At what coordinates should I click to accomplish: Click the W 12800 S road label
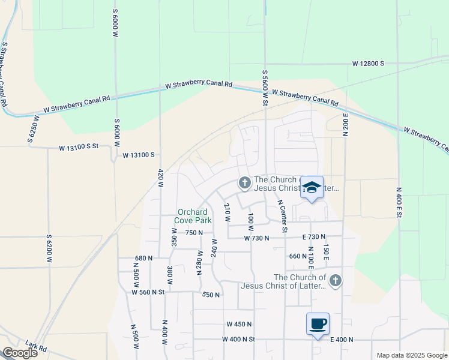click(x=368, y=63)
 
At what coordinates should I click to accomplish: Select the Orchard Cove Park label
click(x=191, y=216)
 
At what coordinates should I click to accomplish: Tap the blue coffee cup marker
click(x=318, y=325)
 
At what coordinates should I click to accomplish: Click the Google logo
click(x=20, y=353)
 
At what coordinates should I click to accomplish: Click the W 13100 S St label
click(x=79, y=148)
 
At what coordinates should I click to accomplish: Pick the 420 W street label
click(x=160, y=178)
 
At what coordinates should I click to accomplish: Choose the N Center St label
click(x=285, y=217)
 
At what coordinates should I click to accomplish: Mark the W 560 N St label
click(x=148, y=292)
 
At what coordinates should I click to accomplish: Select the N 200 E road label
click(x=346, y=125)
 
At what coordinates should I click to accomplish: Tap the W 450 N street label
click(x=240, y=324)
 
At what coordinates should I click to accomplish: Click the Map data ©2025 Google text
click(x=411, y=355)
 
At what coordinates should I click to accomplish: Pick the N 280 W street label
click(x=199, y=262)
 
